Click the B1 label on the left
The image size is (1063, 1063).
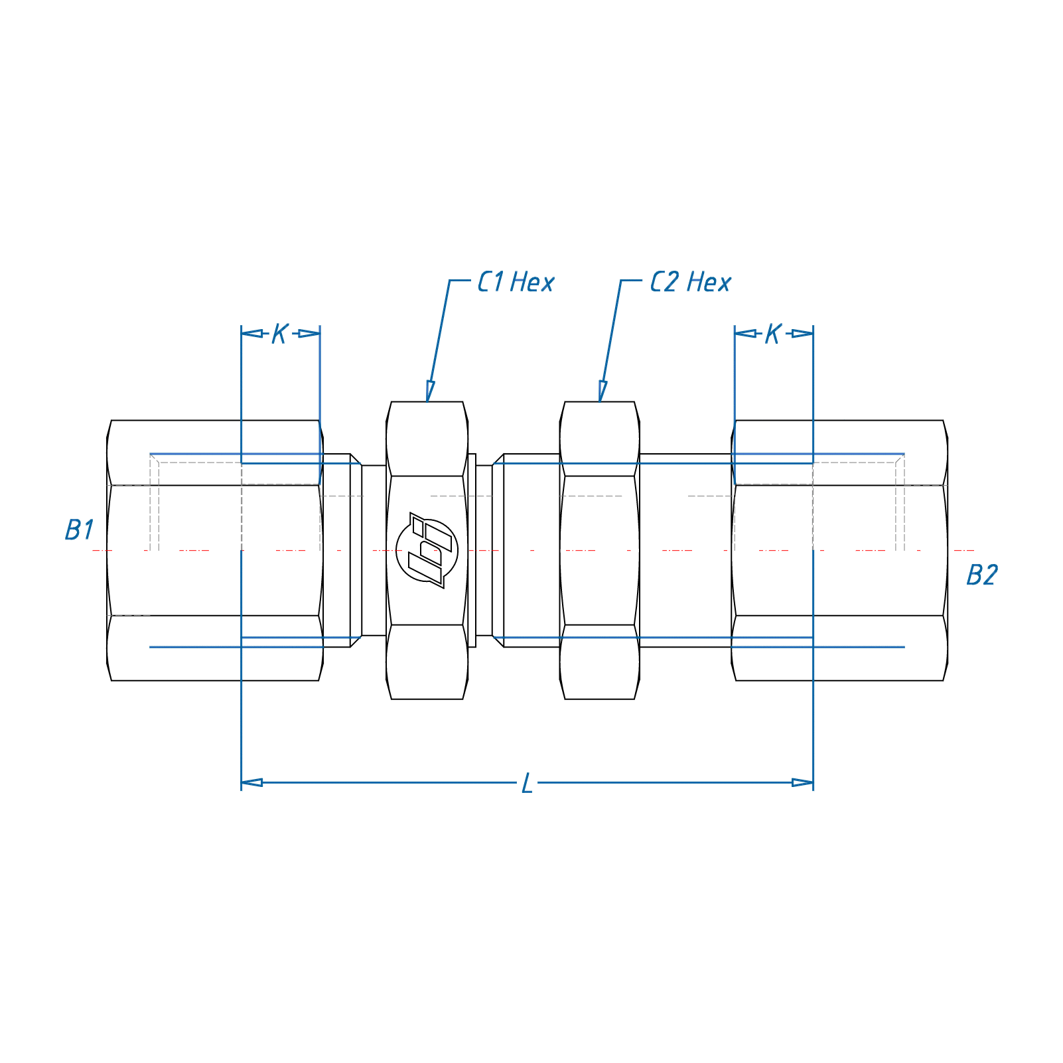pyautogui.click(x=80, y=530)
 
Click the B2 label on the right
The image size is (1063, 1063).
pyautogui.click(x=981, y=575)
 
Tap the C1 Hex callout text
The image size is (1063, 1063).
pyautogui.click(x=516, y=283)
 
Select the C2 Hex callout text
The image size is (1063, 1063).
pyautogui.click(x=690, y=283)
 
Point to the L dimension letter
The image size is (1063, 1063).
pyautogui.click(x=527, y=784)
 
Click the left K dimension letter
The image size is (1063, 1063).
pyautogui.click(x=279, y=334)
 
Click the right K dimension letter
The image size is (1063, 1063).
pyautogui.click(x=772, y=334)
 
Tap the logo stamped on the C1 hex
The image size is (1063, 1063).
pyautogui.click(x=427, y=550)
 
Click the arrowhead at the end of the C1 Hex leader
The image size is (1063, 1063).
pyautogui.click(x=430, y=391)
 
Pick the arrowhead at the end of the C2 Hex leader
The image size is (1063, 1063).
pyautogui.click(x=602, y=391)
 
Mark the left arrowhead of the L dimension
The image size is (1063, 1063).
pyautogui.click(x=251, y=783)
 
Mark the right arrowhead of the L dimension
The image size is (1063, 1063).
pyautogui.click(x=803, y=783)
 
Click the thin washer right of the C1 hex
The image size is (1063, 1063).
pyautogui.click(x=472, y=550)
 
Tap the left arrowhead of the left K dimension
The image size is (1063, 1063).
pyautogui.click(x=251, y=333)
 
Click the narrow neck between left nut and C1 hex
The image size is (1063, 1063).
pyautogui.click(x=374, y=550)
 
